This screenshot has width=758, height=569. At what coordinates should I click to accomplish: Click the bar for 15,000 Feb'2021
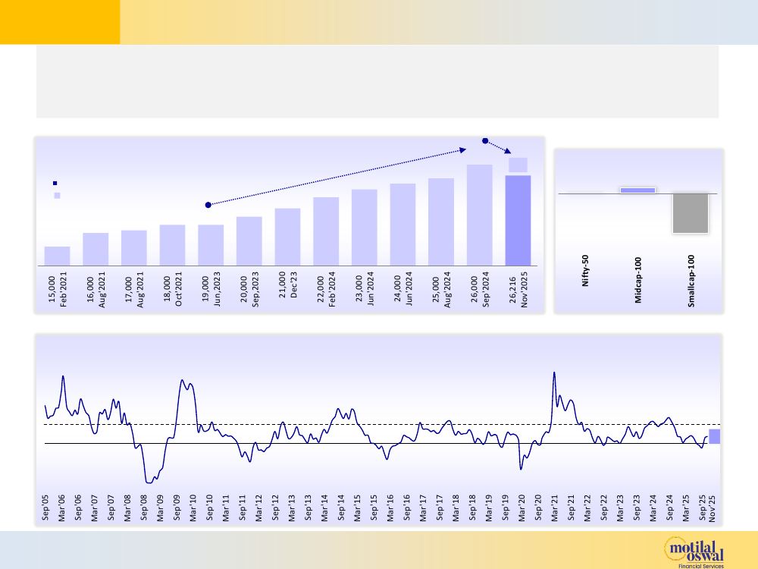(57, 256)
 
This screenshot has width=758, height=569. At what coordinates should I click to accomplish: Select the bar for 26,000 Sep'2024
(479, 215)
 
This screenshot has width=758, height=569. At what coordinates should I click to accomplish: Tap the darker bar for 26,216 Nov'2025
(518, 220)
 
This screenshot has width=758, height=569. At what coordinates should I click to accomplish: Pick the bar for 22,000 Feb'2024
(326, 231)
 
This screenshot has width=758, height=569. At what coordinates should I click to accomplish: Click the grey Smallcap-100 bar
(690, 213)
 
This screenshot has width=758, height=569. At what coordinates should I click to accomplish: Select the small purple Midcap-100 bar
(637, 190)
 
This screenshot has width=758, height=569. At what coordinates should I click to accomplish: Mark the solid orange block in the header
(60, 22)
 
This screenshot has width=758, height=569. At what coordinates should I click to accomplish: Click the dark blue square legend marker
(55, 183)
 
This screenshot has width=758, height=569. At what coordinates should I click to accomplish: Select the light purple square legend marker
(55, 196)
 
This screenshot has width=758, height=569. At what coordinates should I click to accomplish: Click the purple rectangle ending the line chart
(715, 436)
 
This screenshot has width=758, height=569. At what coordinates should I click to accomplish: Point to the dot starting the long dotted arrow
(208, 205)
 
